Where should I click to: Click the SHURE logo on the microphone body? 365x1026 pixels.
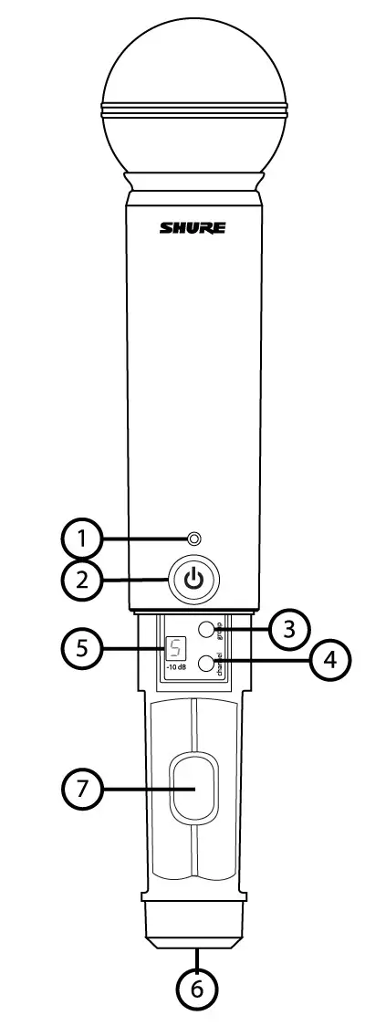193,228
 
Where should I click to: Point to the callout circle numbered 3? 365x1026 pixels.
287,628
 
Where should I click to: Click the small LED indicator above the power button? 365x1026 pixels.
193,538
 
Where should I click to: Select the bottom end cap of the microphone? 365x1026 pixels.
193,930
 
